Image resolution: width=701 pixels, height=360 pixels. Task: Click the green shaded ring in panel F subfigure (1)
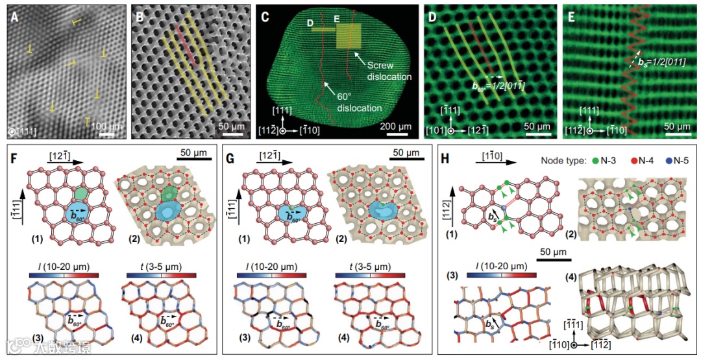pyautogui.click(x=79, y=193)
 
